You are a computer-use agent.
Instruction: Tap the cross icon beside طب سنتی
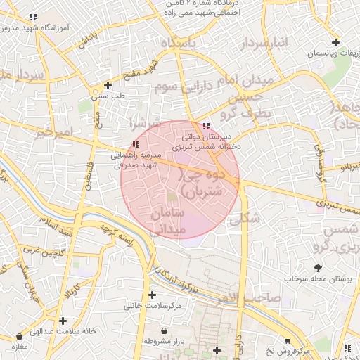pyautogui.click(x=108, y=84)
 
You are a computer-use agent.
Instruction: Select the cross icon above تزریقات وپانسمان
pyautogui.click(x=335, y=43)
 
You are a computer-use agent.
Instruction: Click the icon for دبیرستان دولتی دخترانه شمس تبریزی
pyautogui.click(x=205, y=127)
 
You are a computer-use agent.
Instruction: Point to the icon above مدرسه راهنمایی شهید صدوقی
pyautogui.click(x=136, y=144)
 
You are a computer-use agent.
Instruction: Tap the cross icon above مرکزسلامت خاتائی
pyautogui.click(x=152, y=295)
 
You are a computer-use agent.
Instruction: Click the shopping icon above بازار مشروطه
pyautogui.click(x=164, y=330)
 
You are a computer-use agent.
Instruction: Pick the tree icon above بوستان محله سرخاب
pyautogui.click(x=318, y=267)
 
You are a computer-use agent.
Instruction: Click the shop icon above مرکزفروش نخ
pyautogui.click(x=287, y=340)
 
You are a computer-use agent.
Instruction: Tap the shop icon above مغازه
pyautogui.click(x=13, y=337)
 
